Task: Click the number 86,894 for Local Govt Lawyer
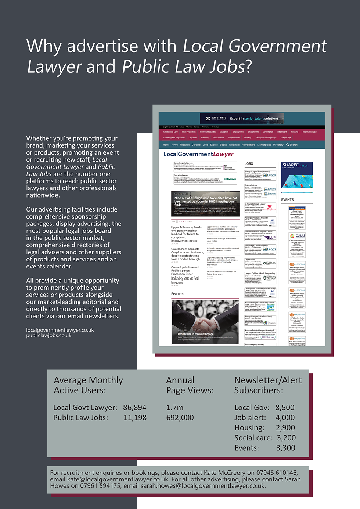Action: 134,408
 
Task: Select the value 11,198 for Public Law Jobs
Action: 135,418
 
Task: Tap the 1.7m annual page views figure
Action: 174,408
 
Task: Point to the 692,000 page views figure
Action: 180,418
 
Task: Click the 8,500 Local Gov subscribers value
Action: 285,408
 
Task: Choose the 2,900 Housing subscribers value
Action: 285,428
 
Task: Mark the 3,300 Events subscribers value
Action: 285,448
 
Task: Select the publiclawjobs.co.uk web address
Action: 49,335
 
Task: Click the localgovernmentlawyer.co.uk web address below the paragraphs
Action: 60,330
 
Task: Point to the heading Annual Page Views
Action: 190,385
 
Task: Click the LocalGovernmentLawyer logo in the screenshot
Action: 198,154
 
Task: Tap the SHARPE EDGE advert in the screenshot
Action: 297,175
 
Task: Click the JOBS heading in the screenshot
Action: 249,164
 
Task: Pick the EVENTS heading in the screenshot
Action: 287,200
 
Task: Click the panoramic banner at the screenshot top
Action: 242,119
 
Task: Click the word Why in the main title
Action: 44,46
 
